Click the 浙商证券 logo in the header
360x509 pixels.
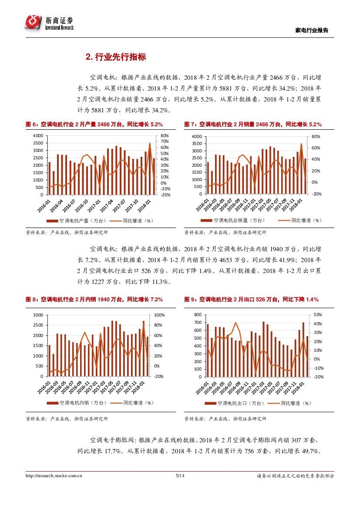point(49,22)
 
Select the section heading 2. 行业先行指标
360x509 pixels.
point(115,57)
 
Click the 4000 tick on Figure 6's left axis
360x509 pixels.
point(38,136)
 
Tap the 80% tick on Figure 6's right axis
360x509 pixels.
point(165,136)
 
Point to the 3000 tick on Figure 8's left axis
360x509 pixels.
point(38,315)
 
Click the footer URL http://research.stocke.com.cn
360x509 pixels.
point(54,476)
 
